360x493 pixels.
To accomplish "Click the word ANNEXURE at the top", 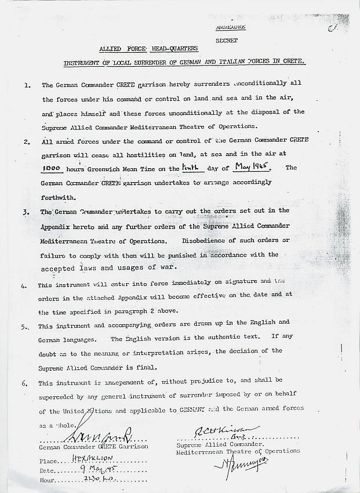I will tap(230, 27).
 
